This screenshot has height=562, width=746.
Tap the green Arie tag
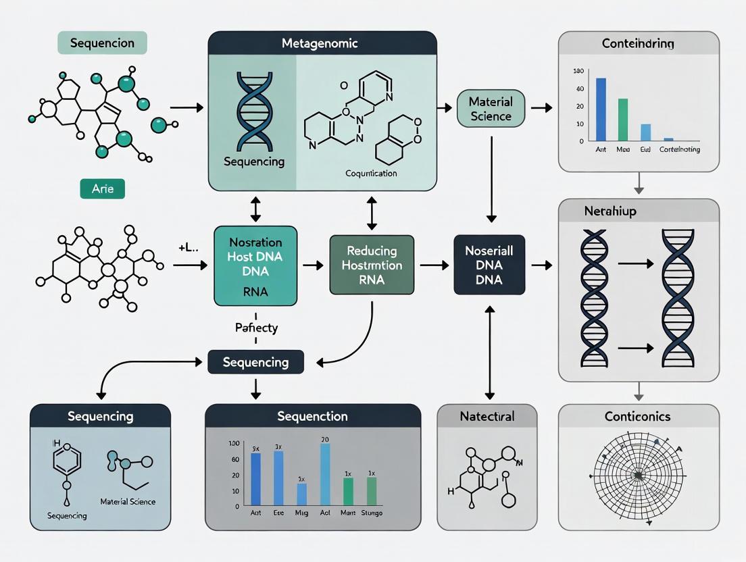pos(102,189)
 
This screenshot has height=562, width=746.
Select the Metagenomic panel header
pos(320,44)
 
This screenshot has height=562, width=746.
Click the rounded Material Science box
pos(491,109)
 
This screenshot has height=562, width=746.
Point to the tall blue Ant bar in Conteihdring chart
pos(601,108)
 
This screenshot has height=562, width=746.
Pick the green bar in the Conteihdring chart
pos(623,119)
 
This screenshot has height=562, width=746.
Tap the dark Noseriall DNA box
pos(489,265)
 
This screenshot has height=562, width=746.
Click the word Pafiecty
pos(255,328)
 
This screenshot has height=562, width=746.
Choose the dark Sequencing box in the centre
pos(255,362)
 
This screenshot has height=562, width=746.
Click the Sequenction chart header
pos(312,416)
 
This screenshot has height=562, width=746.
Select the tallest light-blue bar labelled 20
pos(325,474)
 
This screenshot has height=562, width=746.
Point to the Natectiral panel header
pos(487,416)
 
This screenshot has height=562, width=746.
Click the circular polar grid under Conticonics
pos(637,476)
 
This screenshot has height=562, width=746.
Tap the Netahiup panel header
pos(638,211)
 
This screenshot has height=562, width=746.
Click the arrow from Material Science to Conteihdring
pos(541,107)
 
